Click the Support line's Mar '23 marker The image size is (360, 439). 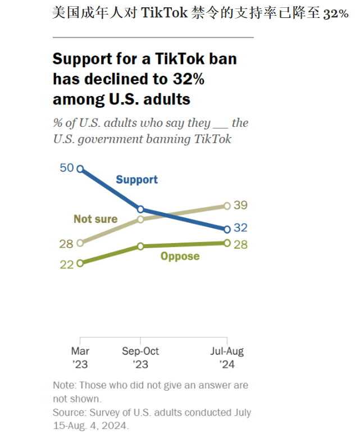[80, 168]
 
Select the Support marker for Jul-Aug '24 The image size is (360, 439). [227, 229]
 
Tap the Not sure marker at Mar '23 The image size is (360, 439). [80, 243]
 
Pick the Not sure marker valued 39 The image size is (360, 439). [227, 206]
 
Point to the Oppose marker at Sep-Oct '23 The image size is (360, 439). [141, 246]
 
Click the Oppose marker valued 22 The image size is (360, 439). [80, 262]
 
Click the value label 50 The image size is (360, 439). [67, 168]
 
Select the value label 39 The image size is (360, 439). [241, 205]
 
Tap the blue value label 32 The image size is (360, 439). [241, 228]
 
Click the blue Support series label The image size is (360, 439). [136, 180]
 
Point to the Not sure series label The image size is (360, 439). [95, 219]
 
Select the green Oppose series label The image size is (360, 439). [180, 257]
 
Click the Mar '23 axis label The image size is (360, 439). [80, 358]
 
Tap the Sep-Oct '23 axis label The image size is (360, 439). [140, 358]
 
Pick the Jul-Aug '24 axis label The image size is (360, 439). [227, 358]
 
